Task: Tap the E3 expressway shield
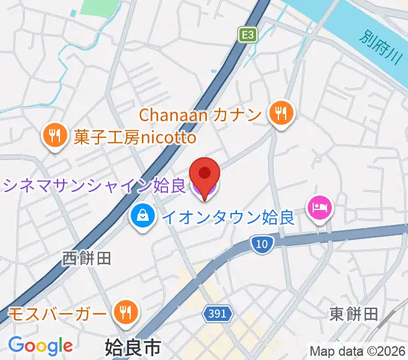247,35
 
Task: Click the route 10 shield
262,243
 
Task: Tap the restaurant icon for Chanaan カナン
280,113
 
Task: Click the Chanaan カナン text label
201,113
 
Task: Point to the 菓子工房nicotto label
135,138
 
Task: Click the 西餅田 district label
87,259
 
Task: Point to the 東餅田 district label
353,313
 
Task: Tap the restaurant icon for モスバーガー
125,313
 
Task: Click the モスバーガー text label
59,313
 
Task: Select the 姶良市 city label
133,347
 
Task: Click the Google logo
40,346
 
